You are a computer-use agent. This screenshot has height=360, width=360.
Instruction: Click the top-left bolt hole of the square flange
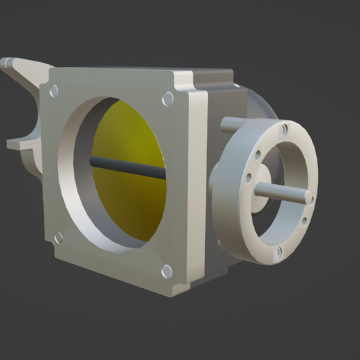(52, 89)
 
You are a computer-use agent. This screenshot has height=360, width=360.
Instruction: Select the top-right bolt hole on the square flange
(167, 99)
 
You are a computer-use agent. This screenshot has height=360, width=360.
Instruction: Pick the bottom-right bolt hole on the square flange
(167, 271)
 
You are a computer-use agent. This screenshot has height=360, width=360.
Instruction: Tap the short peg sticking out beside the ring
(230, 126)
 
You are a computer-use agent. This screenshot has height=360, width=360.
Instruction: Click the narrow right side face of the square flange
(198, 188)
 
